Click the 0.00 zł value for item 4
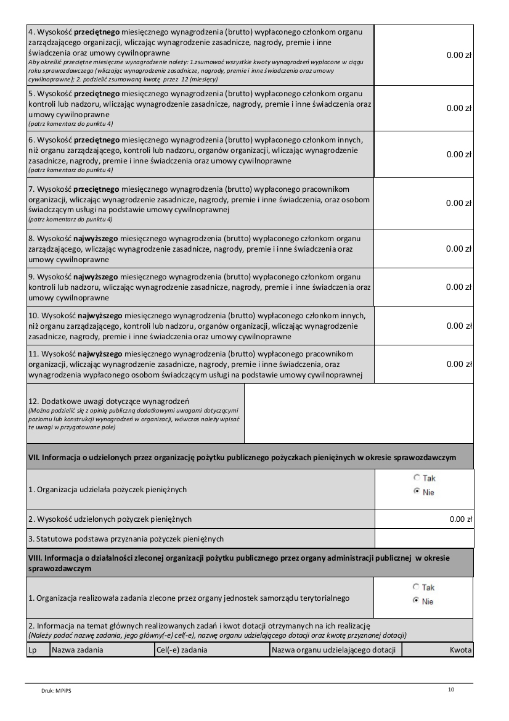(458, 56)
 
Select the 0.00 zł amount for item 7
(458, 203)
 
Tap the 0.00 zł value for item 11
(458, 364)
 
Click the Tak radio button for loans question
(417, 478)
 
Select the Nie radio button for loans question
(417, 492)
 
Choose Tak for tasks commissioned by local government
(417, 587)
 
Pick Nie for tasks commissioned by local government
(417, 601)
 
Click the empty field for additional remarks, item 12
(359, 413)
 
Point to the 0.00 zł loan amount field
(460, 519)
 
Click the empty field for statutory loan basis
(424, 538)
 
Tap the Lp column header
(33, 649)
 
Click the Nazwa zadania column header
(78, 649)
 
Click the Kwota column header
(460, 649)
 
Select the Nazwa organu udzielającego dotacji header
(333, 649)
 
